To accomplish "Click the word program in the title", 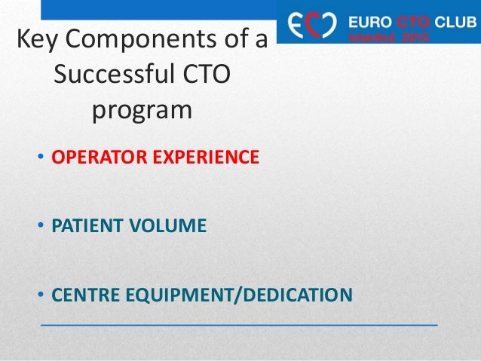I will coord(142,111).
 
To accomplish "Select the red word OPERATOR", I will coord(93,158).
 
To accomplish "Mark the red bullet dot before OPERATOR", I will coord(41,159).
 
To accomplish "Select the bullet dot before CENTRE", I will coord(41,292).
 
